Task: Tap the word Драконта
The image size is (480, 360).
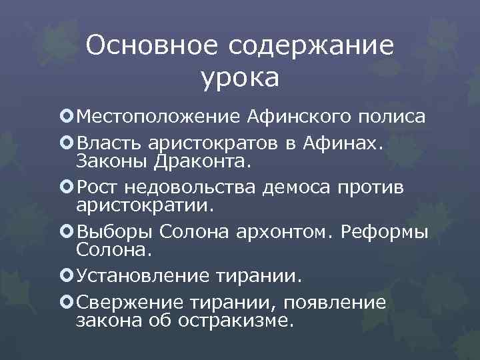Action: [x=196, y=161]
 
